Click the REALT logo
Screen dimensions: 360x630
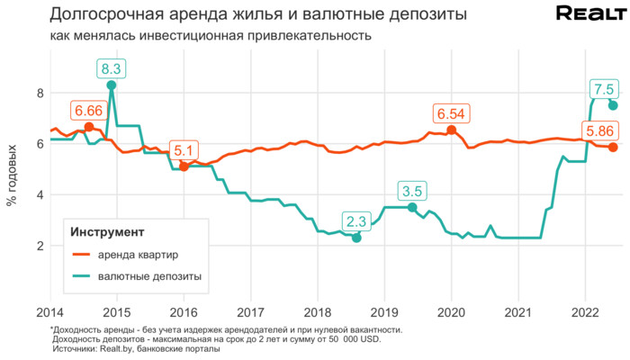click(x=589, y=13)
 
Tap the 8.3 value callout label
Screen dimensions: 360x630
click(x=112, y=67)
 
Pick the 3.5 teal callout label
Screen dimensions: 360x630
click(x=412, y=190)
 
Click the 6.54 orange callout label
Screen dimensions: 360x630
click(x=451, y=113)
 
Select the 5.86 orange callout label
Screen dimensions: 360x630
click(x=599, y=129)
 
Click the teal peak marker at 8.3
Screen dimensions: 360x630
click(x=112, y=85)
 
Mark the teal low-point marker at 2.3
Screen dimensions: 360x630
click(x=356, y=238)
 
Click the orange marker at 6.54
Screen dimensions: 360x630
click(x=451, y=130)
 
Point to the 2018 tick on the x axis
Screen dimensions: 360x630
click(x=318, y=312)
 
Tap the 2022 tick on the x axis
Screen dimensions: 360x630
click(x=586, y=312)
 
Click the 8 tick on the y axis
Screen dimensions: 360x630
click(x=40, y=93)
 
